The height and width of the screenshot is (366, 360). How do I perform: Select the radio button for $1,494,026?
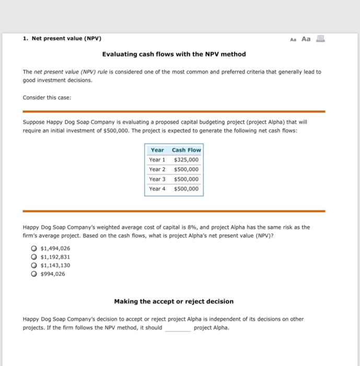tap(34, 248)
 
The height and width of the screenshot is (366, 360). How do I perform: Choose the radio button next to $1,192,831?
tap(34, 257)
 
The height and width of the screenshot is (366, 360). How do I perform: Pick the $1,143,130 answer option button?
tap(34, 265)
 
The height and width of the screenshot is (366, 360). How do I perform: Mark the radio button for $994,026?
tap(34, 273)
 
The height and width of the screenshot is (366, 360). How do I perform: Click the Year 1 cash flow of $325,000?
tap(186, 159)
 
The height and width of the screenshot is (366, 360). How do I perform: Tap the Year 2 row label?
tap(157, 169)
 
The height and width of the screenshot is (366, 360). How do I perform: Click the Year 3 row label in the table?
tap(157, 179)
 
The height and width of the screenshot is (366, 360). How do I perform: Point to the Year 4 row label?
tap(157, 189)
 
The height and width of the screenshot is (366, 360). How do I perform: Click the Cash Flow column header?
tap(186, 150)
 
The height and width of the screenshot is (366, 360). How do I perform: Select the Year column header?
tap(157, 150)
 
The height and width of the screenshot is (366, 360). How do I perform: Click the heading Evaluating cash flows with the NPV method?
tap(173, 54)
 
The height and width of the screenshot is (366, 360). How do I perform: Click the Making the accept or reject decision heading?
tap(173, 301)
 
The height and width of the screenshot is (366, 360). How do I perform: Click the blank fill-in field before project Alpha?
tap(178, 328)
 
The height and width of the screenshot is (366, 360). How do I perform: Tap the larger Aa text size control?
tap(306, 39)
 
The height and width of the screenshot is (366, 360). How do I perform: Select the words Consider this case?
tap(43, 97)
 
